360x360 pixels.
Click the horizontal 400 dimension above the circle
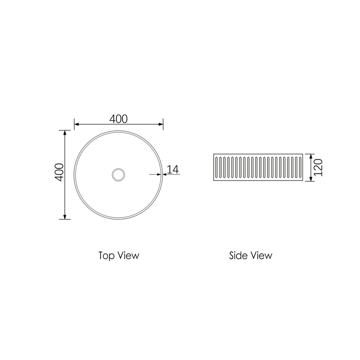point(118,119)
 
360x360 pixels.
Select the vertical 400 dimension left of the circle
point(59,172)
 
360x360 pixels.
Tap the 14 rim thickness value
point(173,169)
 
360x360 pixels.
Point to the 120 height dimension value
point(317,168)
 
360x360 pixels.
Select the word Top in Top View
point(105,255)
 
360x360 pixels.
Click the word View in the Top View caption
point(128,255)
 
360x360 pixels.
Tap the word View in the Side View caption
point(261,255)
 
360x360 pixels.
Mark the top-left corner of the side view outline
point(214,154)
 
